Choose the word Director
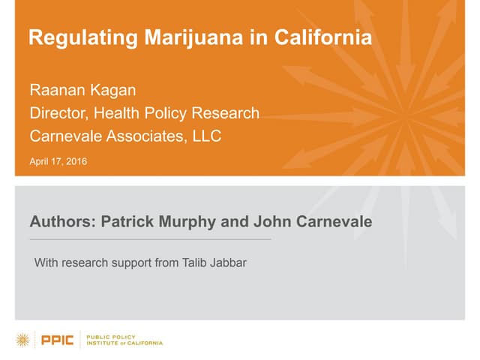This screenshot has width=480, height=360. tap(55, 114)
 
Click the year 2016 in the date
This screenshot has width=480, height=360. tap(76, 160)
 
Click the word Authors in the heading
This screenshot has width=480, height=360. tap(61, 222)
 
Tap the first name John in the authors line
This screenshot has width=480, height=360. tap(273, 222)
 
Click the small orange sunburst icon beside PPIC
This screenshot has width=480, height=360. tap(24, 340)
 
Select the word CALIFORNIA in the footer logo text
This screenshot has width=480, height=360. tap(143, 343)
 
